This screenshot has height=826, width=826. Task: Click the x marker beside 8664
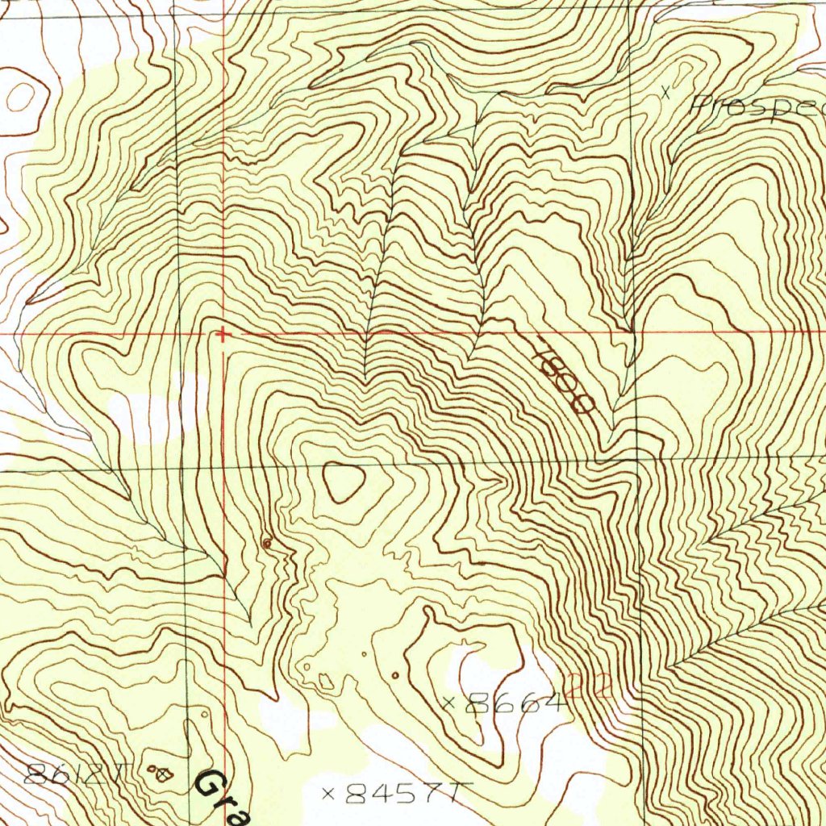pos(449,703)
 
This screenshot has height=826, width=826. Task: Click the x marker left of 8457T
pos(328,794)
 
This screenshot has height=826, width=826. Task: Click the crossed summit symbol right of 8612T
pos(165,774)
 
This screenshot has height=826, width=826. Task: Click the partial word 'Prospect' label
pos(758,106)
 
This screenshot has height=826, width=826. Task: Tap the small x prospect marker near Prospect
pos(665,92)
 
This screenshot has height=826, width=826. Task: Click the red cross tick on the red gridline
pos(223,333)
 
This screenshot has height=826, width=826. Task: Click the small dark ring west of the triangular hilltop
pos(267,544)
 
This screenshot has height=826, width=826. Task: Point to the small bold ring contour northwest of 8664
pos(394,674)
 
